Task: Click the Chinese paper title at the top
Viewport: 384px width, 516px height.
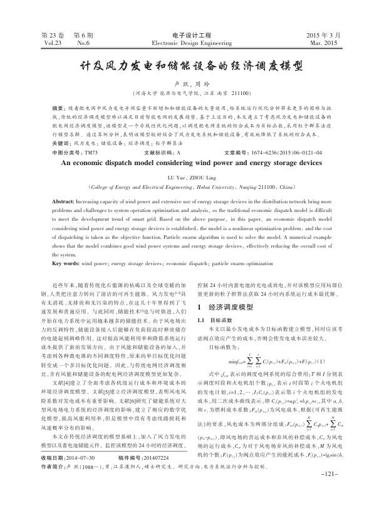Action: click(x=192, y=64)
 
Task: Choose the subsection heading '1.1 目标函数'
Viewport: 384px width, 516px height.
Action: click(x=215, y=320)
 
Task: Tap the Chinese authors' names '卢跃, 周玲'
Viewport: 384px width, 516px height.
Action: click(x=192, y=82)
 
